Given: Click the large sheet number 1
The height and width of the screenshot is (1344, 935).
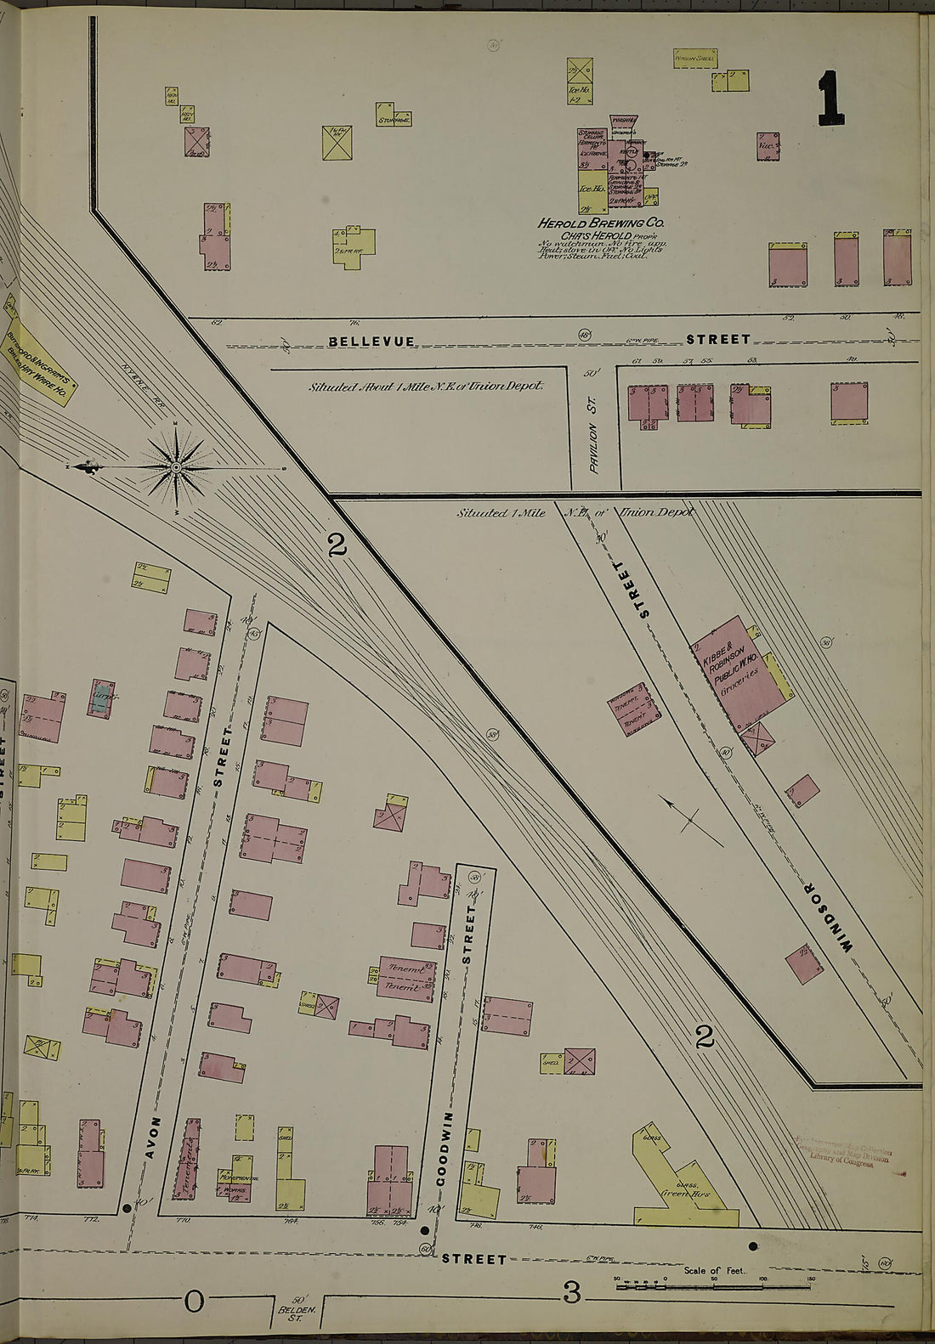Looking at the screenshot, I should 830,98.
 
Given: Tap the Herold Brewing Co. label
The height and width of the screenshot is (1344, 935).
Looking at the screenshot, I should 601,223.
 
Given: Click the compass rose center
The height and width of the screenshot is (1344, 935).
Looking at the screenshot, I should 176,467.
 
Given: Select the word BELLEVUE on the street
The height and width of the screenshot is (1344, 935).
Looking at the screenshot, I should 371,342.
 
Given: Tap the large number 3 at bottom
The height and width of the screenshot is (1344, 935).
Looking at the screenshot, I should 571,1295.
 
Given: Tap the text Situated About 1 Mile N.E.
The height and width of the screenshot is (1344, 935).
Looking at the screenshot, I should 425,386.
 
